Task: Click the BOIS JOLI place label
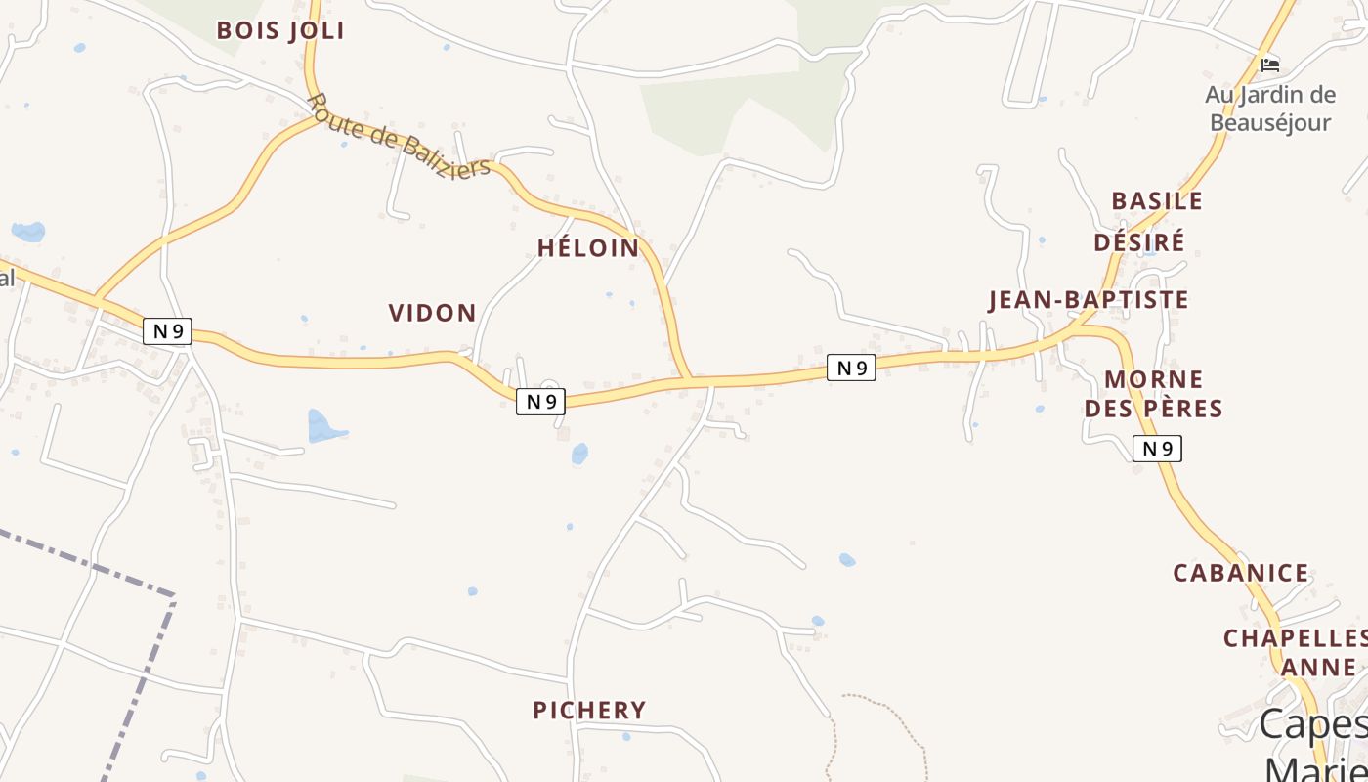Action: coord(280,30)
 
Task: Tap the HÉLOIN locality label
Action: coord(588,248)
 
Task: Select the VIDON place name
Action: coord(433,313)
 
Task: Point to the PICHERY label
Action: coord(589,711)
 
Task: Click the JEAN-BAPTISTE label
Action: coord(1089,300)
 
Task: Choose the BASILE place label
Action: coord(1157,201)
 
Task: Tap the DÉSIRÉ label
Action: coord(1139,241)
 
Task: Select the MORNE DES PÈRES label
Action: coord(1154,394)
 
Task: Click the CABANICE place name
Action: coord(1241,574)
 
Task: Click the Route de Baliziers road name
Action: coord(398,137)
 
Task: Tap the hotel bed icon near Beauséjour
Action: coord(1269,65)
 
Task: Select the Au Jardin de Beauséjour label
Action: coord(1270,109)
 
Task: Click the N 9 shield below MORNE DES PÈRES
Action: coord(1157,449)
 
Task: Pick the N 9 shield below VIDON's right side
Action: coord(540,401)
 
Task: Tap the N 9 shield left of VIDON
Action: coord(167,330)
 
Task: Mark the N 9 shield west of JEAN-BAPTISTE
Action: coord(851,368)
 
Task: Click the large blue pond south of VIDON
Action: coord(323,427)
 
